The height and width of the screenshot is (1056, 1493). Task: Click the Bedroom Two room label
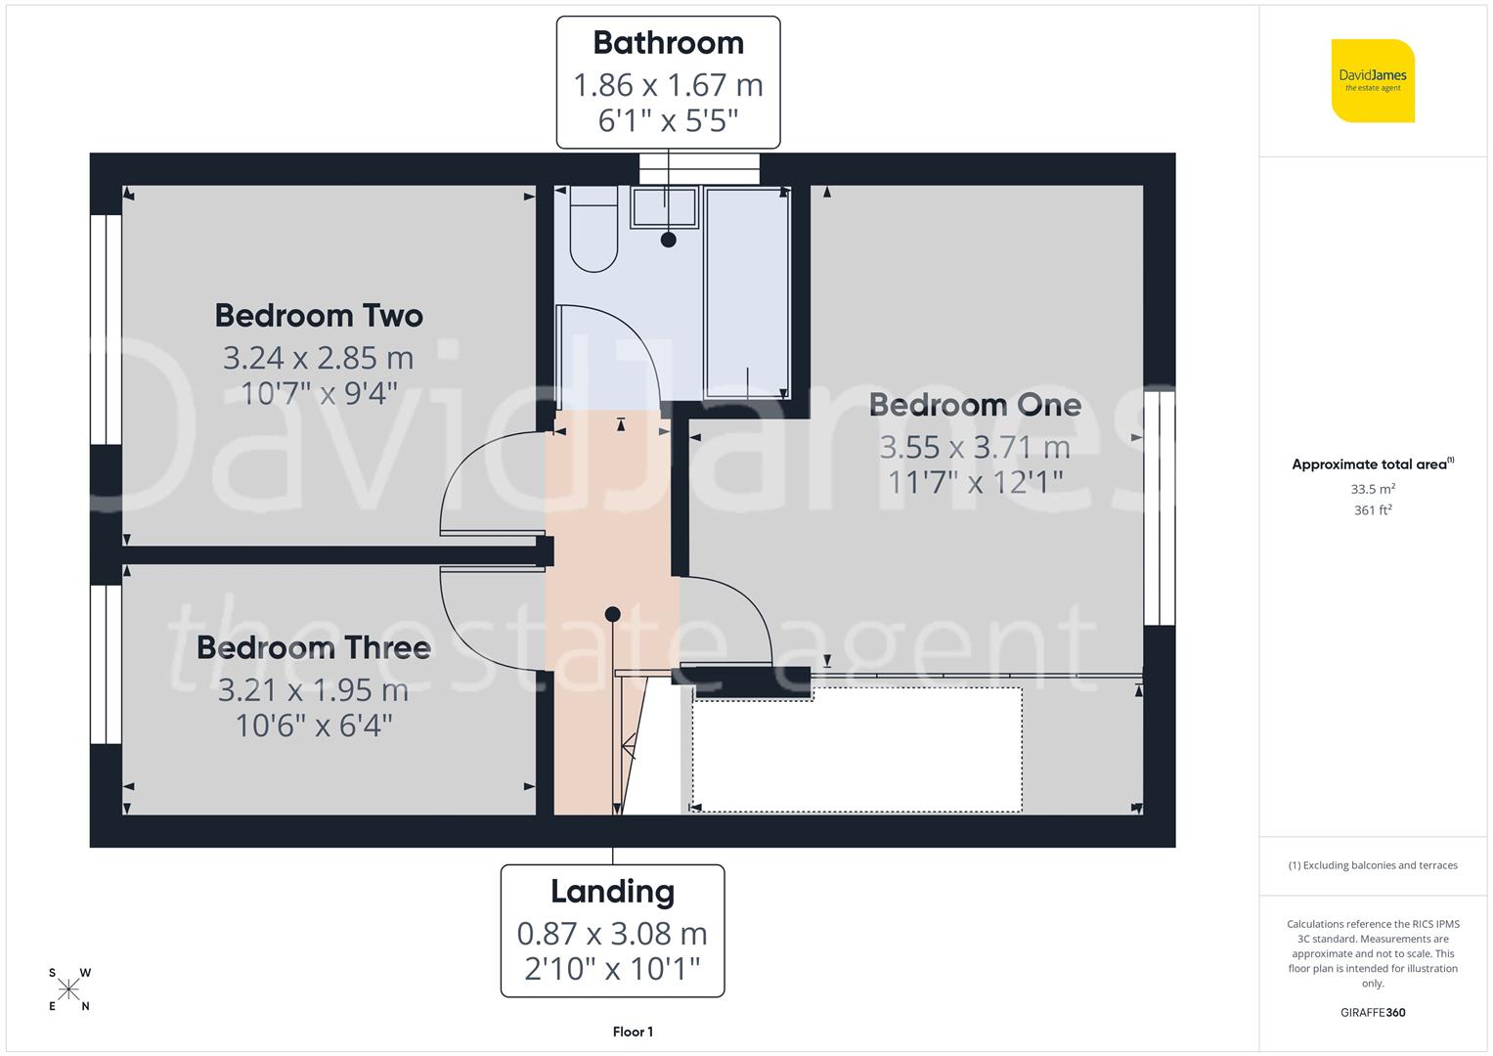click(319, 316)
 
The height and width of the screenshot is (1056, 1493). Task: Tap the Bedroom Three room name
click(314, 647)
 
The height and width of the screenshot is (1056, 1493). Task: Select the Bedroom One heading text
click(975, 405)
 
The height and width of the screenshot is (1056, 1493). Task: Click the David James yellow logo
click(1373, 81)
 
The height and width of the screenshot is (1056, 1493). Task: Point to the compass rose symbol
click(68, 990)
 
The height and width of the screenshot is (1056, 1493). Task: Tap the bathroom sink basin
click(664, 207)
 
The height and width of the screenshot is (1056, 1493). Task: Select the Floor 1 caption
click(633, 1032)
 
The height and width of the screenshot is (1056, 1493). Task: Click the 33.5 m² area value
click(1373, 489)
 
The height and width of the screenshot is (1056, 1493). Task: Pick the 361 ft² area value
click(1373, 510)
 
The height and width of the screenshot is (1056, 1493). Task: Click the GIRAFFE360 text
click(1373, 1012)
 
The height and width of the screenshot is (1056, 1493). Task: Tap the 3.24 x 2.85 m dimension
click(318, 358)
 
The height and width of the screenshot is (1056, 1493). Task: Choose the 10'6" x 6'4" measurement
click(314, 726)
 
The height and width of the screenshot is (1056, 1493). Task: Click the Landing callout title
click(612, 892)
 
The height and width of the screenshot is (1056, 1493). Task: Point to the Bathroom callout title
click(668, 43)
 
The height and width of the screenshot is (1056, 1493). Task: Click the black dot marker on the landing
click(612, 614)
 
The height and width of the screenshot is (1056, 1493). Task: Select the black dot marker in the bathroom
click(669, 240)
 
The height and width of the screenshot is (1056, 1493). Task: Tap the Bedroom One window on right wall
click(1159, 507)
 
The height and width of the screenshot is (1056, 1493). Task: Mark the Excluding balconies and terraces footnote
click(1373, 865)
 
